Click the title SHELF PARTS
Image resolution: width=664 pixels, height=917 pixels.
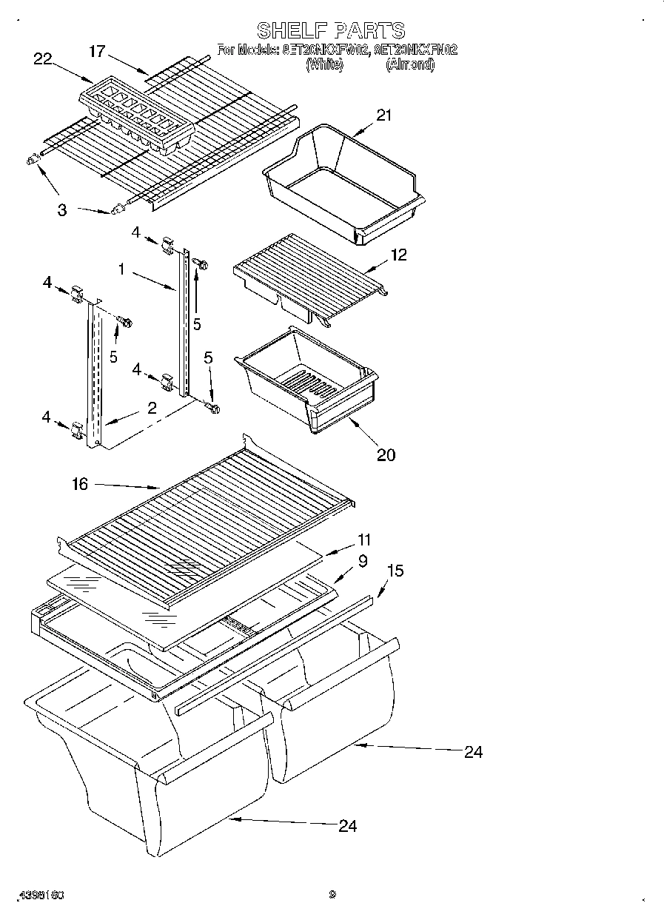click(331, 30)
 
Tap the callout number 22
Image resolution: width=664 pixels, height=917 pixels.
click(43, 59)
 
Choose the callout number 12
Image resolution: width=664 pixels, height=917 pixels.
click(399, 255)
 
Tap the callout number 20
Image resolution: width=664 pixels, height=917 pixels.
click(386, 454)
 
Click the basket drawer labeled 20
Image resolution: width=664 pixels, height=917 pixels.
click(307, 381)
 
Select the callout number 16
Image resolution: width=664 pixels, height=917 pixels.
click(80, 484)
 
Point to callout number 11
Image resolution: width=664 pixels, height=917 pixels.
click(364, 540)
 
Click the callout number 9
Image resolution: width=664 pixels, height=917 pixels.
click(363, 562)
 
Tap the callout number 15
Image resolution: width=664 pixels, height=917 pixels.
click(395, 571)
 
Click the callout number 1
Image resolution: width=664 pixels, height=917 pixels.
click(121, 270)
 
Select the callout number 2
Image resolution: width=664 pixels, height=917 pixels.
click(151, 407)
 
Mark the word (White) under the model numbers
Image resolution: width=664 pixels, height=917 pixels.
click(324, 65)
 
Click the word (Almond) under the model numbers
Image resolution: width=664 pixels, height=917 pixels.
click(409, 65)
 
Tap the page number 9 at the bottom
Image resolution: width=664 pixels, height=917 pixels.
click(332, 894)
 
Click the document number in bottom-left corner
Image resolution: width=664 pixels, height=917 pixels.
click(44, 894)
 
